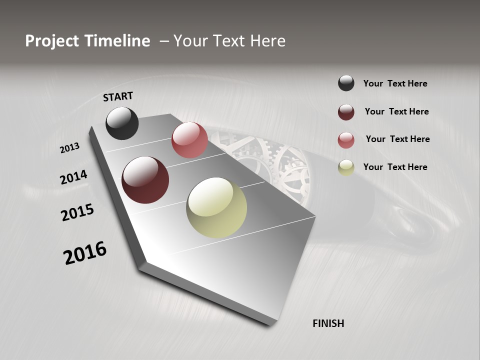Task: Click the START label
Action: coord(118,96)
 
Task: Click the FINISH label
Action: coord(328,323)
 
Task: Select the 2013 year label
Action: coord(70,148)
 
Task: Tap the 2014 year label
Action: coord(74,177)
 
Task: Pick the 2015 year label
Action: coord(77,212)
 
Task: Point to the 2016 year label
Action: coord(85,253)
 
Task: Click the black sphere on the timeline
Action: coord(122,123)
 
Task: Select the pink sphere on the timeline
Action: coord(189,140)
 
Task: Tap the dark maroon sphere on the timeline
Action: coord(145,180)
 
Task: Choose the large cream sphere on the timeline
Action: coord(216,207)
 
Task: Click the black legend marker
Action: coord(346,83)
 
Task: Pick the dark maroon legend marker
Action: coord(346,112)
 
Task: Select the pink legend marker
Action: coord(346,140)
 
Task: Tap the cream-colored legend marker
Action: coord(346,167)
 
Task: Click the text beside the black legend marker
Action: coord(395,83)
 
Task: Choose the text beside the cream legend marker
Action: coord(395,167)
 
